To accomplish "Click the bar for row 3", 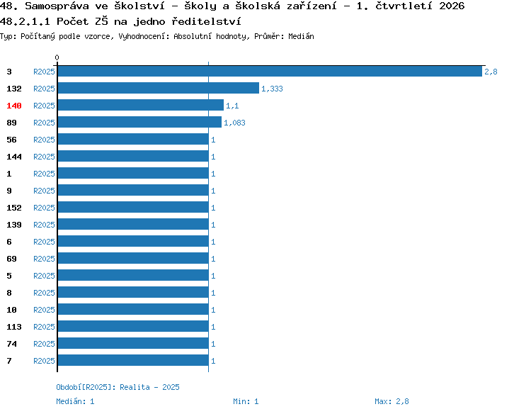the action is pyautogui.click(x=270, y=71).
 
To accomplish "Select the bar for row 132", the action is pyautogui.click(x=159, y=88).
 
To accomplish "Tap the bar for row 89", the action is pyautogui.click(x=139, y=122).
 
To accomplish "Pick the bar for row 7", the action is pyautogui.click(x=133, y=360).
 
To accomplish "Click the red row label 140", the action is pyautogui.click(x=14, y=106).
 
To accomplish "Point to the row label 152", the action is pyautogui.click(x=14, y=208).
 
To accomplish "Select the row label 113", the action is pyautogui.click(x=14, y=327).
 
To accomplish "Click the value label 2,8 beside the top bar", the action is pyautogui.click(x=491, y=72).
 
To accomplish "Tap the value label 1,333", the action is pyautogui.click(x=272, y=89).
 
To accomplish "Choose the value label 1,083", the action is pyautogui.click(x=234, y=123).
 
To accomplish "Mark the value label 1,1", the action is pyautogui.click(x=232, y=106).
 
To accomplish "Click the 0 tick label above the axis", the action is pyautogui.click(x=57, y=57).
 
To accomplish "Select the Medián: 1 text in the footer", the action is pyautogui.click(x=75, y=401).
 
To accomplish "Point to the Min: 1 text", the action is pyautogui.click(x=246, y=401).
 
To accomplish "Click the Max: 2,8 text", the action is pyautogui.click(x=392, y=401).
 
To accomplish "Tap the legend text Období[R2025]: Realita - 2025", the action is pyautogui.click(x=118, y=387).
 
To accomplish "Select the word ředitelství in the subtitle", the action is pyautogui.click(x=206, y=21).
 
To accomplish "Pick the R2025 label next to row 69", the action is pyautogui.click(x=44, y=259).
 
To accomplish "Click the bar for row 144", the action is pyautogui.click(x=133, y=156).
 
